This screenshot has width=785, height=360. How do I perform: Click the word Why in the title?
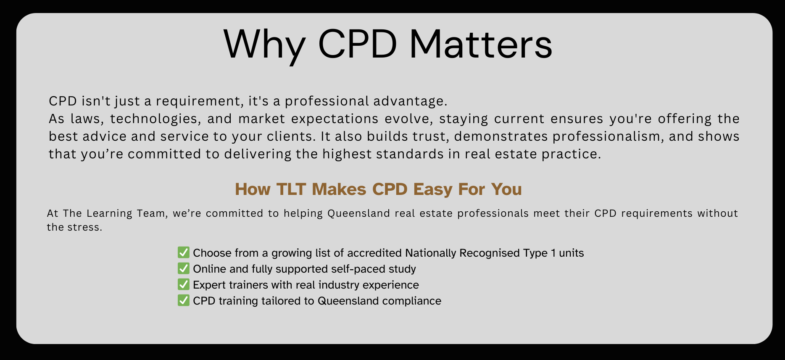click(264, 45)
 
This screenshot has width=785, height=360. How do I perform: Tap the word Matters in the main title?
click(480, 45)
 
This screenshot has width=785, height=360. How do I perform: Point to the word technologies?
click(154, 119)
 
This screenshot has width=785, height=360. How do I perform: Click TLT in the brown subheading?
click(291, 189)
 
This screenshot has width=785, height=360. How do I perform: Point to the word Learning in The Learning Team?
click(109, 213)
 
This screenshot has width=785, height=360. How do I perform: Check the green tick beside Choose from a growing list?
click(184, 252)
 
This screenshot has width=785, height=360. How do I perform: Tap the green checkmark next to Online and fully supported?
click(184, 268)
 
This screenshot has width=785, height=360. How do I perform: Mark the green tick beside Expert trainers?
click(184, 284)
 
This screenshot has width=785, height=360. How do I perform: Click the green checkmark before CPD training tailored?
click(184, 300)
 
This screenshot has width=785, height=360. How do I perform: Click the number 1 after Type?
click(553, 253)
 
